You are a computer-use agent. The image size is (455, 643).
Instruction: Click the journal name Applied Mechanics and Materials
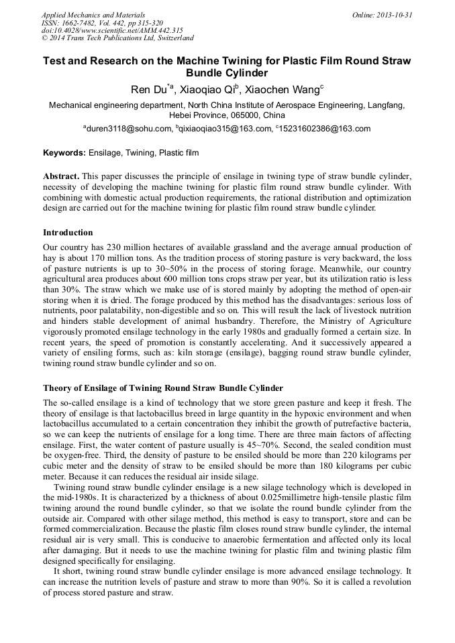[93, 15]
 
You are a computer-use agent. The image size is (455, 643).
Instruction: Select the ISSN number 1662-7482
[82, 23]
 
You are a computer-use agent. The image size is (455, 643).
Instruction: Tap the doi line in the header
[111, 31]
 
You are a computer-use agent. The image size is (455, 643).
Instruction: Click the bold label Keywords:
[64, 153]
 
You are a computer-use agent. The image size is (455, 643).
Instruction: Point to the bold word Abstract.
[60, 176]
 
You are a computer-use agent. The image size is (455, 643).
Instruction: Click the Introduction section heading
[68, 233]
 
